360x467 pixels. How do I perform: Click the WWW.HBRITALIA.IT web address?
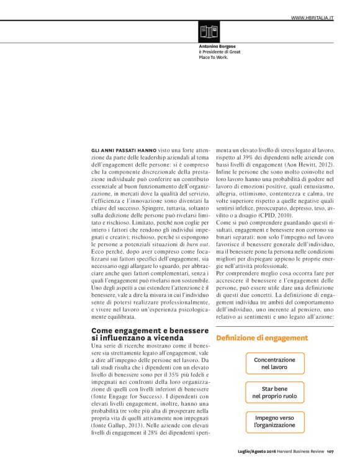pos(312,19)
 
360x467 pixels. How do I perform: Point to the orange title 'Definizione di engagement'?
pos(262,338)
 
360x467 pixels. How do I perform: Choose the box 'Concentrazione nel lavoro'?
pos(274,363)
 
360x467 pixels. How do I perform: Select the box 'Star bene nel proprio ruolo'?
pos(274,392)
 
